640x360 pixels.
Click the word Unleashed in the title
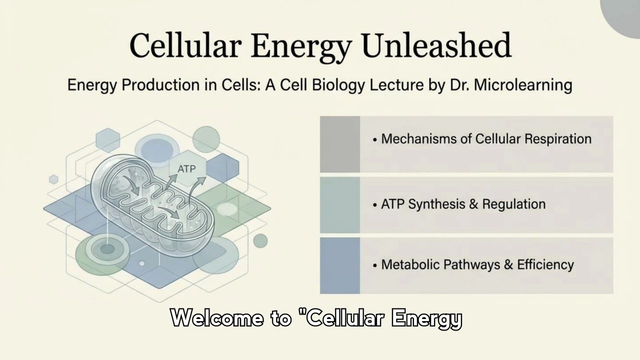(437, 45)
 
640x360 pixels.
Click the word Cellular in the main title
(185, 45)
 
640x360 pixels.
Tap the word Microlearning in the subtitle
(523, 85)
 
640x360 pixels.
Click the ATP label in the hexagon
(186, 169)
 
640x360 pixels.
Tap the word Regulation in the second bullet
(514, 204)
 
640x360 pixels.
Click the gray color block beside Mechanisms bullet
(340, 144)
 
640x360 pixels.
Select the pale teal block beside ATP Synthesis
(340, 205)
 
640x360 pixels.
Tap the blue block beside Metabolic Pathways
(340, 265)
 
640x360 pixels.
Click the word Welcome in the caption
(217, 317)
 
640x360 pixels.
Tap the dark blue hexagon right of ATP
(222, 169)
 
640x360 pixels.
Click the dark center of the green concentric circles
(107, 249)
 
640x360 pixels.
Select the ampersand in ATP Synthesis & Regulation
(473, 204)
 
